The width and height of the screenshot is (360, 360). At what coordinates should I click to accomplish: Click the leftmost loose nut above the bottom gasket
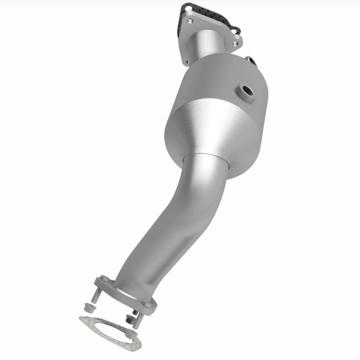[x=89, y=308]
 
